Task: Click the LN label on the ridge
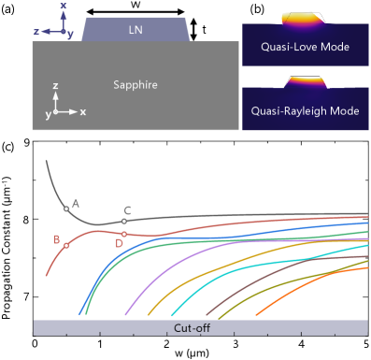[x=136, y=31]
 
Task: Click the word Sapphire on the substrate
[x=136, y=85]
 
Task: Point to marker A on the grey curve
[x=66, y=209]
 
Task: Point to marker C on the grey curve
[x=124, y=222]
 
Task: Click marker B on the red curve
[x=66, y=245]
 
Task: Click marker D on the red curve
[x=124, y=234]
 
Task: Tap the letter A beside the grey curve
[x=76, y=202]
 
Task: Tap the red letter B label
[x=57, y=239]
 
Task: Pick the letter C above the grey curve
[x=127, y=210]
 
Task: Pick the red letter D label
[x=119, y=244]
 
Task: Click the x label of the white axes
[x=83, y=112]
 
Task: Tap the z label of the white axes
[x=57, y=85]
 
